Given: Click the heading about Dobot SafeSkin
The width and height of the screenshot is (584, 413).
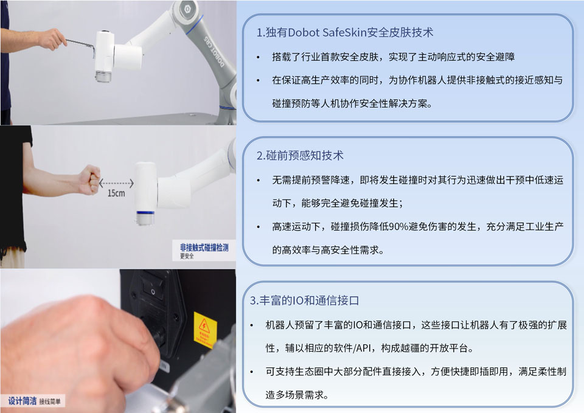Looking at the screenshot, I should pos(345,33).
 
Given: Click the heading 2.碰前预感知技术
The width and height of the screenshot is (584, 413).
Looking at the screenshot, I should pos(300,155).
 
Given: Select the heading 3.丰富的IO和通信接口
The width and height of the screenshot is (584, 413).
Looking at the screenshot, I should pos(305,300).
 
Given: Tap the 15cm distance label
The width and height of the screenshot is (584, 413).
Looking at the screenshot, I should pos(117,193).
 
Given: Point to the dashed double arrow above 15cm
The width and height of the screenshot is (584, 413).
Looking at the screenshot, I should pos(116,182).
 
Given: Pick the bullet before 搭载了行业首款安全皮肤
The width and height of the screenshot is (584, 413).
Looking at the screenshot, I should pos(258,57).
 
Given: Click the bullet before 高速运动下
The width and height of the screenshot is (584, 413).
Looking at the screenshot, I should pos(258,227).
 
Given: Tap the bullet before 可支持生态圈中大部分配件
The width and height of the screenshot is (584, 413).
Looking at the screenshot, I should pos(252,372).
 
